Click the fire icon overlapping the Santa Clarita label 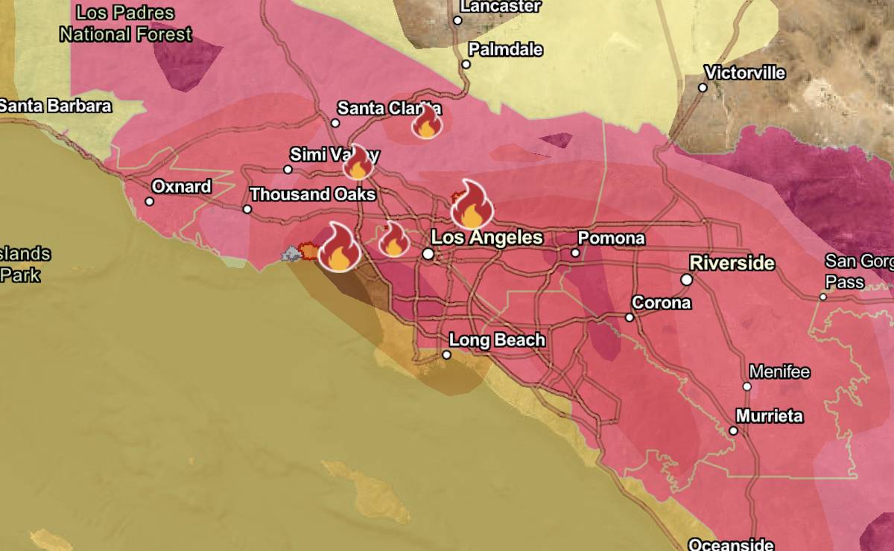coord(427,122)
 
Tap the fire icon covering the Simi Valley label coord(358,163)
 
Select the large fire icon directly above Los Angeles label coord(472,205)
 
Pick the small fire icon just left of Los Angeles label coord(393,240)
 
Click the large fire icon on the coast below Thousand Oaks coord(339,248)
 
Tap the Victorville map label coord(745,73)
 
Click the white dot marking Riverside coord(686,280)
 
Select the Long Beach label coord(497,340)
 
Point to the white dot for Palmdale coord(466,64)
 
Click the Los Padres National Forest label coord(125,24)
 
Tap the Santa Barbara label coord(55,106)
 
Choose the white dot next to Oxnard coord(149,201)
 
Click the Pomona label coord(611,238)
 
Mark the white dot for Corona coord(629,317)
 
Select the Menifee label coord(779,372)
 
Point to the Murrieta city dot coord(733,430)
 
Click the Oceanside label coord(730,544)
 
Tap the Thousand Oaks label coord(311,194)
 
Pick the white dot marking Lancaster coord(457,20)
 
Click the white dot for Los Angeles coord(428,254)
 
